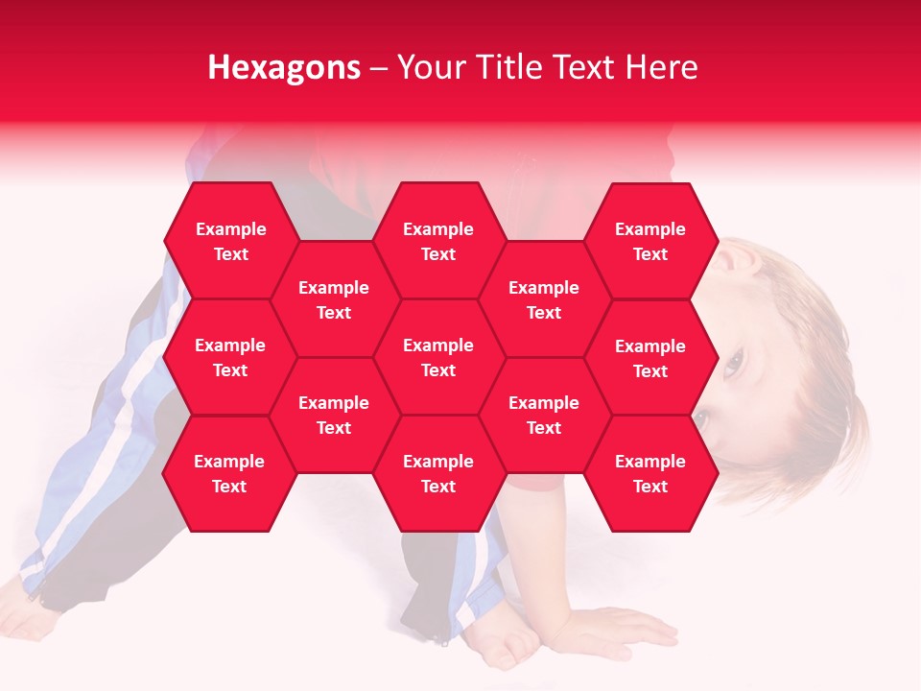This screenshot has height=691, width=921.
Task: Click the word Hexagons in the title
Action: (x=284, y=67)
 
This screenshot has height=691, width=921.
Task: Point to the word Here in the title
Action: (x=661, y=67)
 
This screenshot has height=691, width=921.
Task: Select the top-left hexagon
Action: (x=230, y=241)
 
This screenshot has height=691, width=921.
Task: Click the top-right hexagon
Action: (x=650, y=241)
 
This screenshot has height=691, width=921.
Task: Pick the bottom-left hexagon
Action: (x=229, y=473)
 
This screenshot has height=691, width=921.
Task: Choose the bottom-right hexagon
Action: (x=650, y=473)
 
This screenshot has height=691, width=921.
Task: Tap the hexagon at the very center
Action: (x=438, y=357)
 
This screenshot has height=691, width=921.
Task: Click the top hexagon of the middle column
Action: (x=438, y=241)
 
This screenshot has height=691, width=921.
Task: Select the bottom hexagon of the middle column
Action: (x=438, y=473)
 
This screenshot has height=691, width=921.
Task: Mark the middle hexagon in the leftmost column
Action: (x=230, y=357)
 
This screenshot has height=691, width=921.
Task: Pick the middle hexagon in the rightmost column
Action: (x=650, y=358)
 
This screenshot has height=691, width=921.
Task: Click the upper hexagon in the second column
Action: (x=334, y=299)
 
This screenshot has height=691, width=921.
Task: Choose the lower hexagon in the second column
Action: (x=334, y=415)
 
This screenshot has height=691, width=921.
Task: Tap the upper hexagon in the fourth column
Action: (x=544, y=299)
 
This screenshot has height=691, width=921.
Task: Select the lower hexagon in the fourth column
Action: (x=544, y=415)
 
